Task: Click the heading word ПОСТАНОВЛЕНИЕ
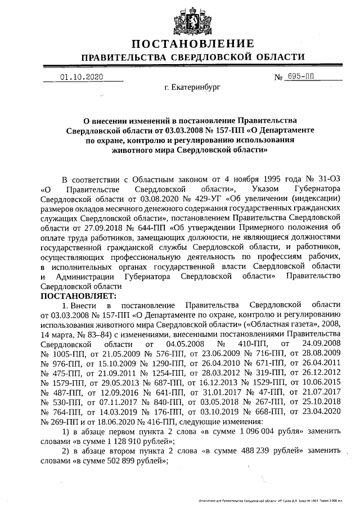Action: click(192, 44)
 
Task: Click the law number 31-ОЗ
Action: click(327, 178)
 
